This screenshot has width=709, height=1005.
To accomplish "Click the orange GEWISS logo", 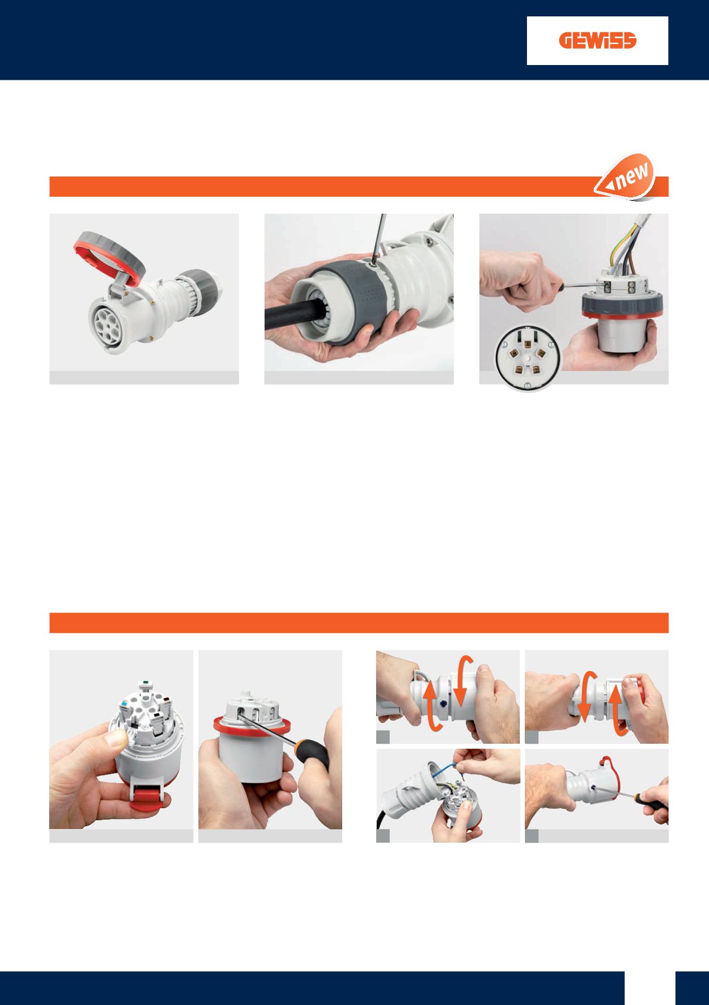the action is [598, 42].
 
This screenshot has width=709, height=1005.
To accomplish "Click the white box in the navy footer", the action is [650, 988].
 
